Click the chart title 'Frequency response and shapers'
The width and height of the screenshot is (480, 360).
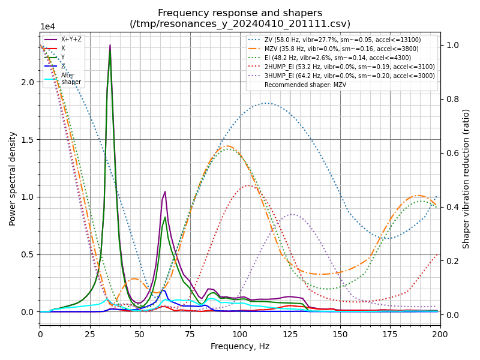coord(240,13)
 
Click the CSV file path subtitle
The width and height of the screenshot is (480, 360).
coord(240,24)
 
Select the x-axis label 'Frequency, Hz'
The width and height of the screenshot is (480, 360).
coord(240,346)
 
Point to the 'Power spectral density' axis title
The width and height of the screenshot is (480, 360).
coord(13,178)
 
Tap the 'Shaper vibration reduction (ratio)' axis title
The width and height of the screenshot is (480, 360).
coord(466,178)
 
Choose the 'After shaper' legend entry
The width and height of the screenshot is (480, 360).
coord(70,79)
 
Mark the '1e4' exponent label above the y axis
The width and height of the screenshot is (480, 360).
coord(47,27)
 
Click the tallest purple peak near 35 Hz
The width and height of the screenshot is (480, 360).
coord(110,45)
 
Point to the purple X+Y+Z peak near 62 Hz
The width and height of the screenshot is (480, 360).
coord(165,192)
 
